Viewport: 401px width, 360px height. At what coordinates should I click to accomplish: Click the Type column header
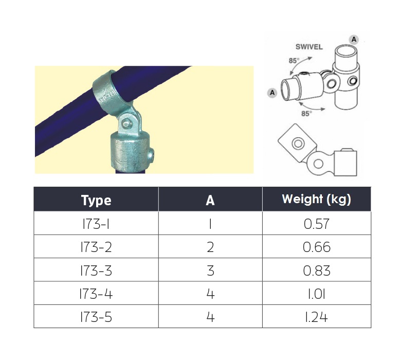tap(96, 200)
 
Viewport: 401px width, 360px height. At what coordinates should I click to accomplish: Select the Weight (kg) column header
tap(316, 200)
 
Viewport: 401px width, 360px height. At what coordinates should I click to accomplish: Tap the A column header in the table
tap(210, 200)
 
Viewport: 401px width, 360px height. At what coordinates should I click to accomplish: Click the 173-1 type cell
tap(96, 224)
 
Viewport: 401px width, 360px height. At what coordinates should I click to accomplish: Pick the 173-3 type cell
tap(96, 271)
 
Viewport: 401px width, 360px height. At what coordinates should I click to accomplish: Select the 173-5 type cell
tap(96, 317)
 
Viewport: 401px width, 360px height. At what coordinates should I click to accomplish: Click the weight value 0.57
tap(317, 224)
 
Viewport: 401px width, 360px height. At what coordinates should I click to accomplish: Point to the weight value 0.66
tap(317, 247)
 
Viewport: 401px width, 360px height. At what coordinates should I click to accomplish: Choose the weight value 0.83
tap(317, 271)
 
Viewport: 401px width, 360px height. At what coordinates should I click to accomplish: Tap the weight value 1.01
tap(317, 294)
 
